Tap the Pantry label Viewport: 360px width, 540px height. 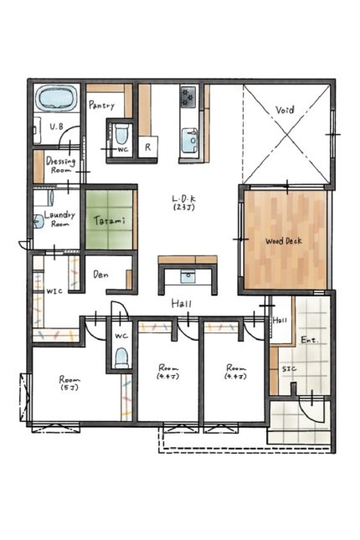101,105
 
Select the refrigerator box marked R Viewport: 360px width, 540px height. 148,147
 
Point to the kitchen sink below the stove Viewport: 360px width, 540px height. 189,140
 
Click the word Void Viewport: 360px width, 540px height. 285,111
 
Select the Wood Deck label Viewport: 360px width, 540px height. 283,241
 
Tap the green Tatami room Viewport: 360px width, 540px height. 109,219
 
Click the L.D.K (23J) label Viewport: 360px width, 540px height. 184,203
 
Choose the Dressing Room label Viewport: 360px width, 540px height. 60,165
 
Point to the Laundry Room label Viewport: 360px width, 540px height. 59,219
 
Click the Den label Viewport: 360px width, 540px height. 100,275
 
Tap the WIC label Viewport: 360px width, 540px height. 54,291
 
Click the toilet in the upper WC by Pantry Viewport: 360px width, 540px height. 121,134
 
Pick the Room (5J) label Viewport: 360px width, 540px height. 69,383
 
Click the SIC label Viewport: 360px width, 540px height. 289,369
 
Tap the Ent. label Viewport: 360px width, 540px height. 310,340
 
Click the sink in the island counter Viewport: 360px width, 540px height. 188,276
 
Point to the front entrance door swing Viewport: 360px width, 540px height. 311,409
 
